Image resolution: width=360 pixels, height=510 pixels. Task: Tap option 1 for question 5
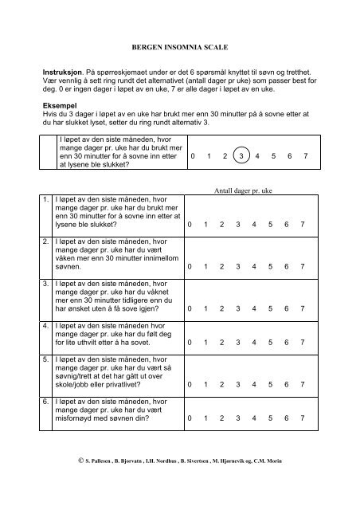207,384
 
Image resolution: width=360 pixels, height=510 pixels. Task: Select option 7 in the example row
306,157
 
